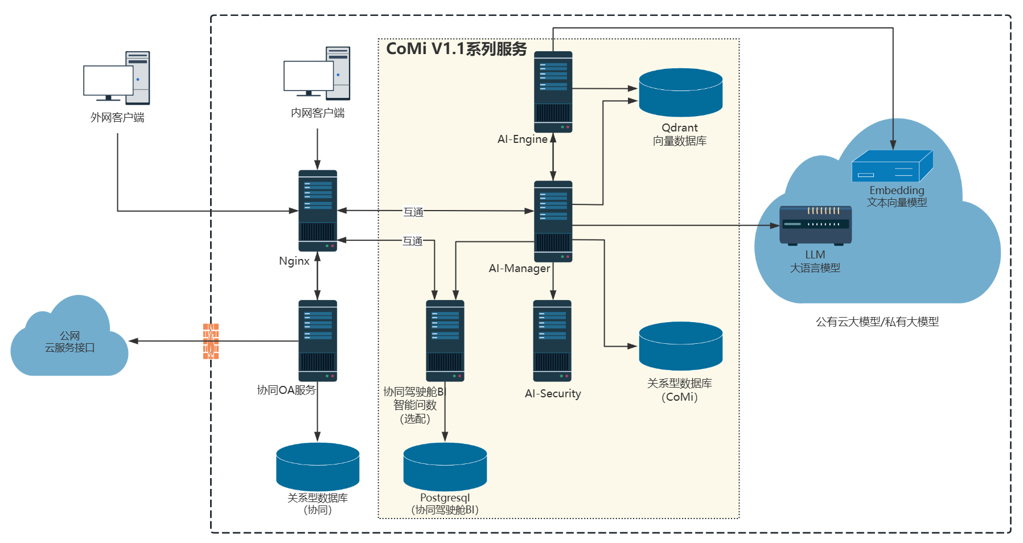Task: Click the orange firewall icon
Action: [211, 341]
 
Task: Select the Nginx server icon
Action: [318, 211]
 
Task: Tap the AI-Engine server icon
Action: [553, 92]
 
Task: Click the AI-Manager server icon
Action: [553, 221]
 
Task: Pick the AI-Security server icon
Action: [552, 340]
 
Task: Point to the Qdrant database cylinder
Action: [680, 92]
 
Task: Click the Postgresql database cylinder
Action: [445, 466]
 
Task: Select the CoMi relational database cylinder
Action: [680, 345]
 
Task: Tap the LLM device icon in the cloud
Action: [815, 225]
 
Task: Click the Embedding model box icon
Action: [892, 166]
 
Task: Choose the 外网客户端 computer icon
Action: [117, 78]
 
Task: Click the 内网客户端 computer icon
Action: [317, 73]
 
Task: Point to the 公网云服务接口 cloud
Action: [69, 342]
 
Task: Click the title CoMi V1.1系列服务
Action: [457, 49]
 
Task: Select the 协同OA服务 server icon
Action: [318, 340]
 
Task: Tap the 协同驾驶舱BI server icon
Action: [445, 340]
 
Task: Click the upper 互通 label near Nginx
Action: [413, 212]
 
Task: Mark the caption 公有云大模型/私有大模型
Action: [877, 322]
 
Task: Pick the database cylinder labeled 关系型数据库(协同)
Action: [318, 466]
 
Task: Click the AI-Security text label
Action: [553, 393]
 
